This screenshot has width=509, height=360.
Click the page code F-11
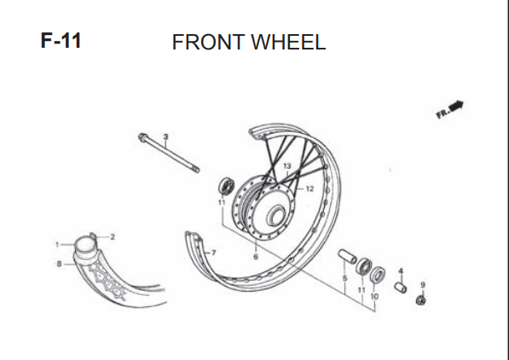[x=61, y=40]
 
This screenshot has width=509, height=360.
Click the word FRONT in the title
[x=208, y=42]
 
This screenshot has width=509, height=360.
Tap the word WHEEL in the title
[x=288, y=42]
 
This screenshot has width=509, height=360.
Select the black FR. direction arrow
[x=456, y=107]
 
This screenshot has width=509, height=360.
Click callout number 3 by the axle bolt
[x=166, y=136]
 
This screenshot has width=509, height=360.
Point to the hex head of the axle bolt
[x=143, y=137]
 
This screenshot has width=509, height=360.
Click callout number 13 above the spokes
[x=287, y=166]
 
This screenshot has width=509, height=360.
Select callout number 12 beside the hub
[x=310, y=189]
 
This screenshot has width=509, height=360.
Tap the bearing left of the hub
[x=226, y=186]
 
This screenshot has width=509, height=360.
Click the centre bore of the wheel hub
[x=276, y=216]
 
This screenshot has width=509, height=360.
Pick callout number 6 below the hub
[x=256, y=257]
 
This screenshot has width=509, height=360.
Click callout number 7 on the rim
[x=213, y=253]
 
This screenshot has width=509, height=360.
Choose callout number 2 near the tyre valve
[x=113, y=237]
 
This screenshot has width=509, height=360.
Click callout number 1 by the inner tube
[x=57, y=245]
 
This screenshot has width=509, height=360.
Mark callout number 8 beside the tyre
[x=59, y=264]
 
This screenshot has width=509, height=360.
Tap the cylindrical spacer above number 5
[x=347, y=256]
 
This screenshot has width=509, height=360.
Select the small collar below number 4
[x=401, y=287]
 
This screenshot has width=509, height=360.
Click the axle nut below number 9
[x=421, y=300]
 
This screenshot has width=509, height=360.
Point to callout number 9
[x=423, y=285]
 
